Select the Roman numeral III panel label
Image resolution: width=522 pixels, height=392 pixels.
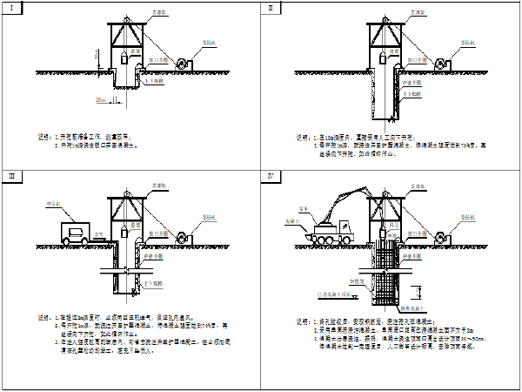point(11,177)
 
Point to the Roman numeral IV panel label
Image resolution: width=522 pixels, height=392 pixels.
point(271,177)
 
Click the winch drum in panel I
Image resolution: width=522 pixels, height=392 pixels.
point(184,64)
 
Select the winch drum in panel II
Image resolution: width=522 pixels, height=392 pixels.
point(441,64)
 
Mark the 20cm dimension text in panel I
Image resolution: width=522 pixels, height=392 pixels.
point(102,100)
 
